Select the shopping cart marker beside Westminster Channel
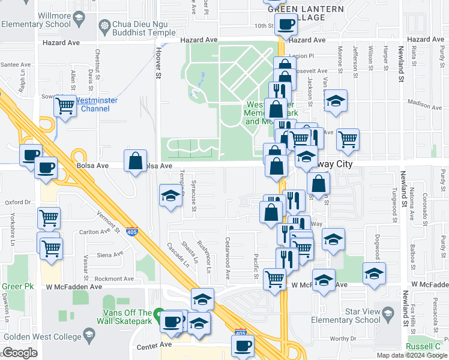tap(65, 106)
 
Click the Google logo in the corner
tap(20, 353)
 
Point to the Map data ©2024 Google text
tap(411, 355)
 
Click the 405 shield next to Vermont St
tap(130, 233)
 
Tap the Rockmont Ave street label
tap(114, 279)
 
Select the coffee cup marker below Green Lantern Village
tap(286, 25)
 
